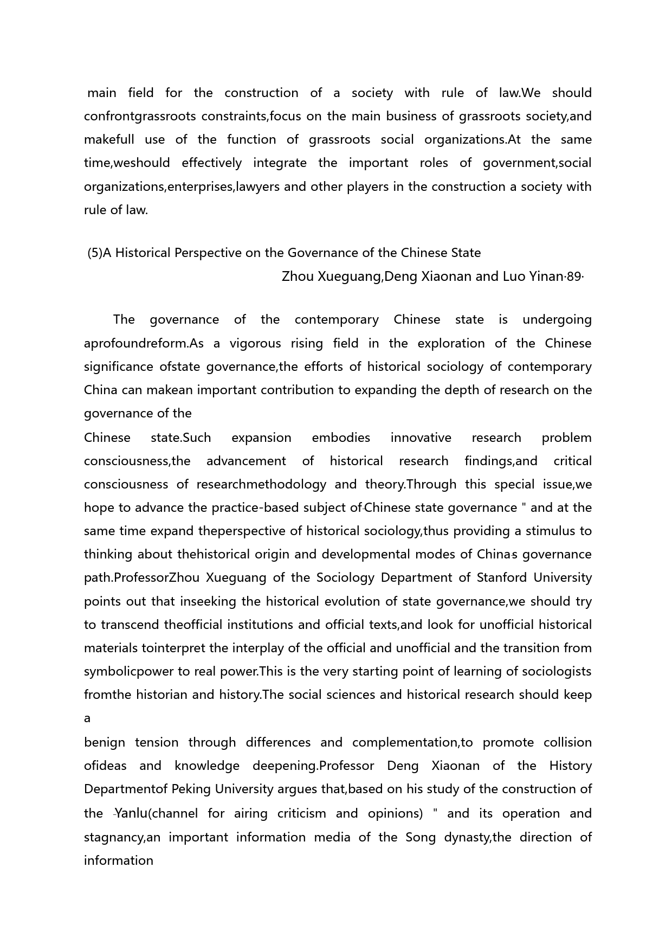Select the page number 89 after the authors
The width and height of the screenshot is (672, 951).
tap(574, 277)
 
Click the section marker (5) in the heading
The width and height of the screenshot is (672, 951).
tap(95, 253)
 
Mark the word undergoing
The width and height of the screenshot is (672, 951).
tap(557, 320)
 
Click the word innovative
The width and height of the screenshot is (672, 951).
tap(421, 438)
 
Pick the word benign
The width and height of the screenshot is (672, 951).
tap(105, 742)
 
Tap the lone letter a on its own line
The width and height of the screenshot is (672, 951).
tap(87, 718)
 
